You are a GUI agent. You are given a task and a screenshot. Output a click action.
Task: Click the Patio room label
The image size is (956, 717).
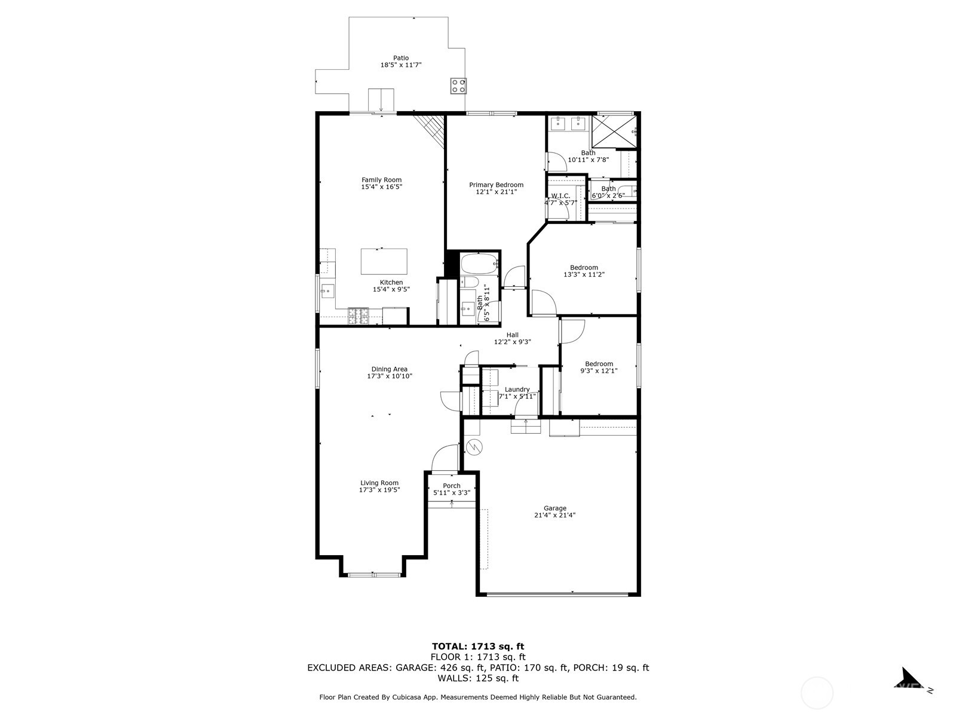click(401, 58)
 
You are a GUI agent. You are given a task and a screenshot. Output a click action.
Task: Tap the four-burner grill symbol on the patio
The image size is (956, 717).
click(458, 86)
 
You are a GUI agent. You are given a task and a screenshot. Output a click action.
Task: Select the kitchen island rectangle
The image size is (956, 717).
click(384, 261)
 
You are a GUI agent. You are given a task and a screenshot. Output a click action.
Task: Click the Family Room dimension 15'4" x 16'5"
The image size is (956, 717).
click(381, 187)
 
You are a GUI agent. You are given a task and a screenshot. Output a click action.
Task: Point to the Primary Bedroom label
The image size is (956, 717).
click(496, 185)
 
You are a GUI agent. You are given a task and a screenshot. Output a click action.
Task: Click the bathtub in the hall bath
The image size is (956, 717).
click(479, 262)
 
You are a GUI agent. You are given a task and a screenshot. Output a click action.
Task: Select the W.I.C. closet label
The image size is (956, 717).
click(560, 196)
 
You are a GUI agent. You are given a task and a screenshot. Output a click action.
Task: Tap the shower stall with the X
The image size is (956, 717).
click(614, 131)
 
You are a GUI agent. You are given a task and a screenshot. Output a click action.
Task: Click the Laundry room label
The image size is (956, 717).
click(517, 390)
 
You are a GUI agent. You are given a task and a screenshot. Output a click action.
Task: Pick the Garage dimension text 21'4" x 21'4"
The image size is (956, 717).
click(554, 515)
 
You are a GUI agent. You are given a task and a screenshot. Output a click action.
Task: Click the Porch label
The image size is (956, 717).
click(452, 486)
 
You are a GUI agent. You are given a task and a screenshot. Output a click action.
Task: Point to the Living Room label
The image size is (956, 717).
click(379, 483)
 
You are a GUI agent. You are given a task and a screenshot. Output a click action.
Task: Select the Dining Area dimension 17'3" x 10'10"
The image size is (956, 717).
click(390, 376)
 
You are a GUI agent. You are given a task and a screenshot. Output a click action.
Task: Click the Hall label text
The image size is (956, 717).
click(512, 335)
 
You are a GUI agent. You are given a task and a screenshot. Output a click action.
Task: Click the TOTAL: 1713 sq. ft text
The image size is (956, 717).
click(478, 646)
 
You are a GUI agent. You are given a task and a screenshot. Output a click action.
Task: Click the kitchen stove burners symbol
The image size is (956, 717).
click(358, 315)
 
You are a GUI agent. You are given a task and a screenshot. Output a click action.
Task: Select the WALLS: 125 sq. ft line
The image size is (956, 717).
click(478, 678)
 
